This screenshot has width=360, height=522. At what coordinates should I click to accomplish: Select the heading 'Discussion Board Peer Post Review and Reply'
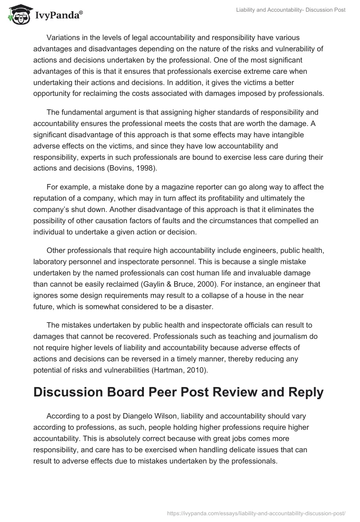(178, 392)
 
